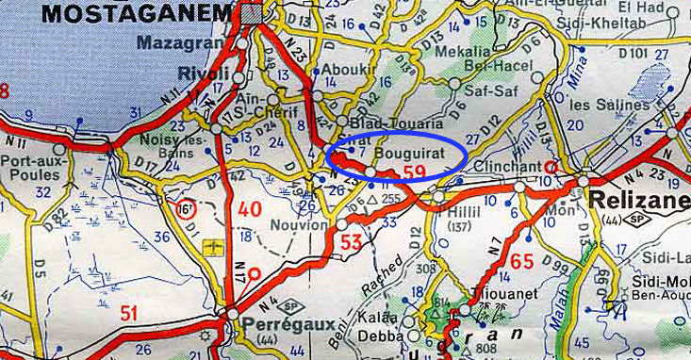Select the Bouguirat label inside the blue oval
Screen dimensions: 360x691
[x=405, y=150]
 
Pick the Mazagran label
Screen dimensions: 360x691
[x=176, y=42]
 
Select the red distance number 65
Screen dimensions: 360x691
[x=524, y=262]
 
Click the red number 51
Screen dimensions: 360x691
[x=128, y=314]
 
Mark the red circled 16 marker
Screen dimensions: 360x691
[x=187, y=207]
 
